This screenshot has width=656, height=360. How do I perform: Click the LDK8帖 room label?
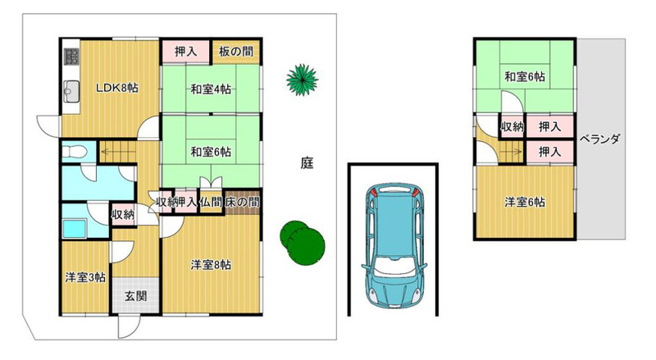[x=116, y=89]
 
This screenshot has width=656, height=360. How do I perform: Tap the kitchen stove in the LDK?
[x=71, y=57]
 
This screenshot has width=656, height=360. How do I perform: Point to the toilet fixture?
[x=74, y=151]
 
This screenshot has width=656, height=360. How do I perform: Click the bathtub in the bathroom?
[x=75, y=229]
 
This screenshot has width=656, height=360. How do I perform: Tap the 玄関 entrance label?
[x=136, y=296]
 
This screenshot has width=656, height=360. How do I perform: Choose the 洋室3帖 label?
[x=85, y=277]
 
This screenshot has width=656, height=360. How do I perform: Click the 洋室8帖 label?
[x=211, y=265]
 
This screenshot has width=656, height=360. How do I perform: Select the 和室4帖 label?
[x=211, y=89]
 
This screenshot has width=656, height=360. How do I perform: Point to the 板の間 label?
[x=236, y=52]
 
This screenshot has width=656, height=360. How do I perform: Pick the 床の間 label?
[x=242, y=203]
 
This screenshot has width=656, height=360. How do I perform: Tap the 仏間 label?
[x=210, y=203]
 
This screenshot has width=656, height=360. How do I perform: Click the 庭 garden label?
[x=307, y=163]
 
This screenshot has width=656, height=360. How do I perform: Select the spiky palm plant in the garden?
[x=302, y=80]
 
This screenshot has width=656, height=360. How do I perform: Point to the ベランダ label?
[x=599, y=139]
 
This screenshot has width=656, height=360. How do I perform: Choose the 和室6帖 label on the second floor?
[x=525, y=77]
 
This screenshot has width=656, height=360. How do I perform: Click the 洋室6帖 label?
[x=525, y=203]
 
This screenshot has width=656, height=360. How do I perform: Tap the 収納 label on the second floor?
[x=512, y=126]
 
